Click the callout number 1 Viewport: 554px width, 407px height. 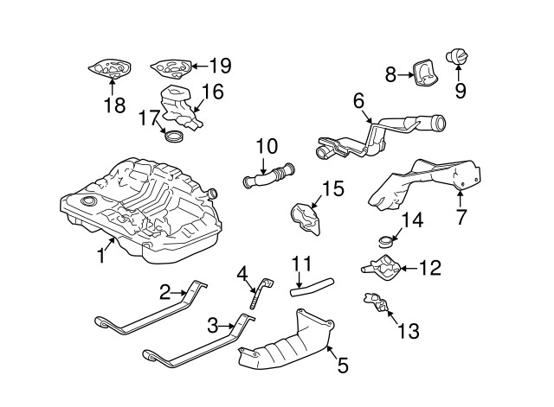pyautogui.click(x=101, y=255)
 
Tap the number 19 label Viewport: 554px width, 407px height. pyautogui.click(x=220, y=65)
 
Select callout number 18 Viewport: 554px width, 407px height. pyautogui.click(x=114, y=106)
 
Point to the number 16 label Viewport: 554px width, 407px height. pyautogui.click(x=213, y=92)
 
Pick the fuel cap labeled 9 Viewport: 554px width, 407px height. pyautogui.click(x=458, y=57)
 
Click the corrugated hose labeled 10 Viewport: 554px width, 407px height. pyautogui.click(x=270, y=175)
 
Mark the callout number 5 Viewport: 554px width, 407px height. pyautogui.click(x=342, y=366)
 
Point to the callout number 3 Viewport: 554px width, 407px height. pyautogui.click(x=210, y=325)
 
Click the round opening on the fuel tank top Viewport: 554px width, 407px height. pyautogui.click(x=87, y=202)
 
